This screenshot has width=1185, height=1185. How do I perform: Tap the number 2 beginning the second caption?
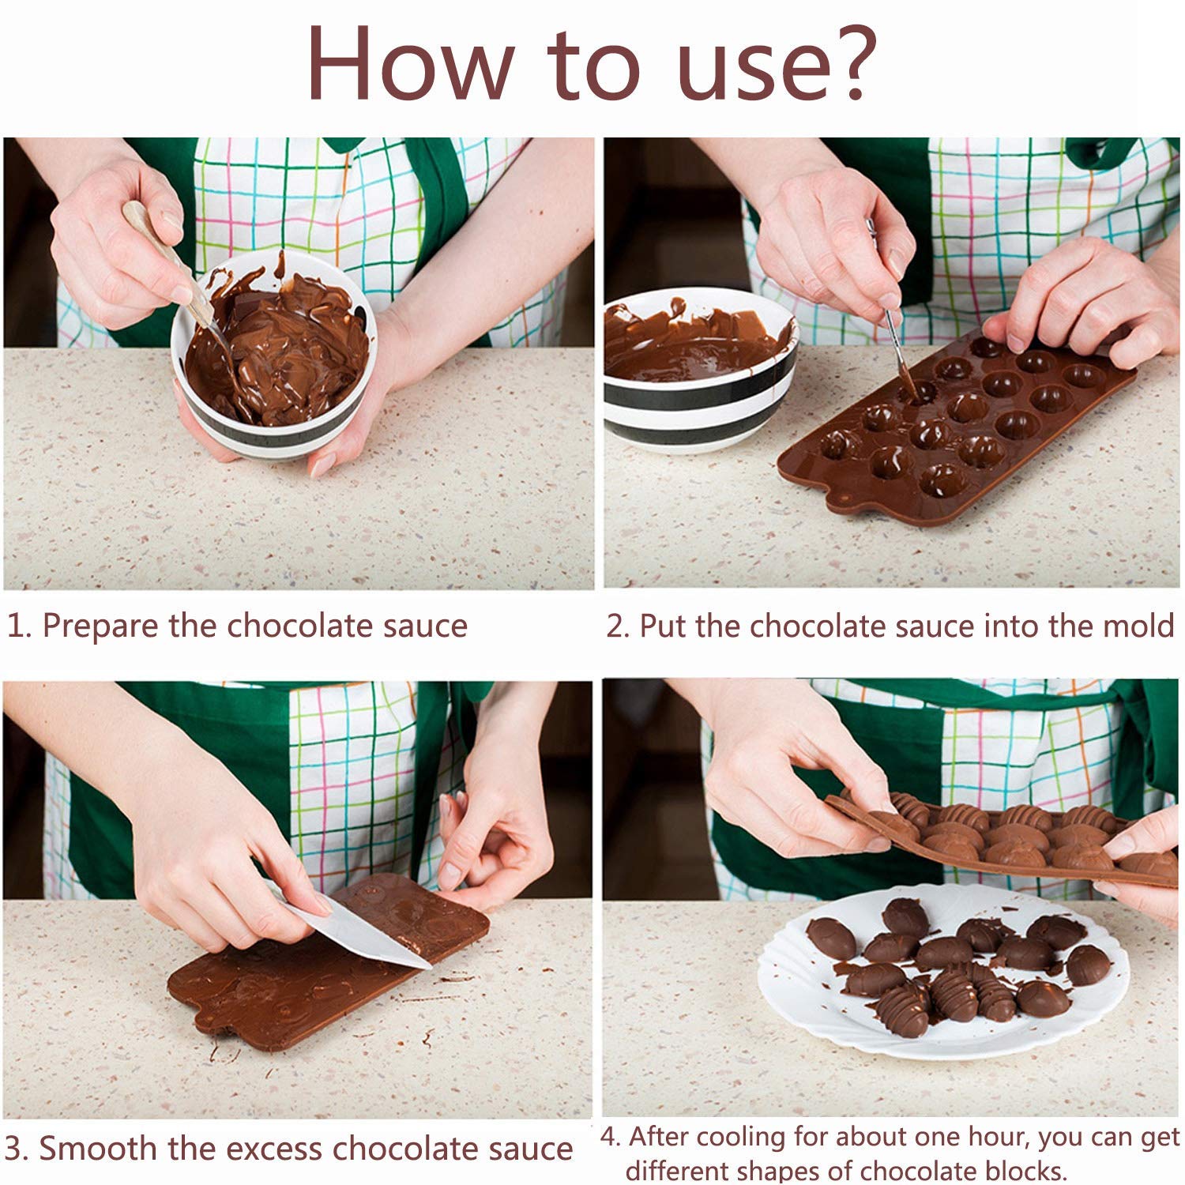click(615, 626)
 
